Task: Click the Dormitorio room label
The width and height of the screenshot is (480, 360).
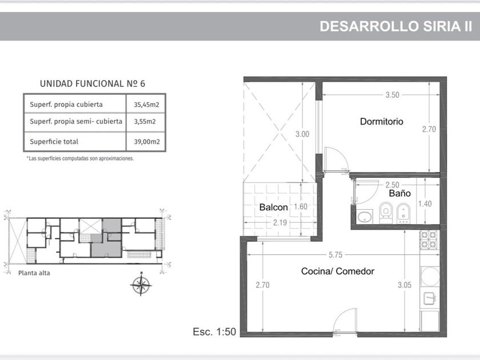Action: (382, 122)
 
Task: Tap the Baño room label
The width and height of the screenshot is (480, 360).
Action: (400, 193)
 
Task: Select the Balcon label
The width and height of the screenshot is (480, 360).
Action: (273, 207)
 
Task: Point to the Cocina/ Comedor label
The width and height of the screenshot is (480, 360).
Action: (338, 271)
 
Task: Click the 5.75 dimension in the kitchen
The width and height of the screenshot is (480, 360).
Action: (335, 255)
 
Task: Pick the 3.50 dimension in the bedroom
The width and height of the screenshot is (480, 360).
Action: (393, 95)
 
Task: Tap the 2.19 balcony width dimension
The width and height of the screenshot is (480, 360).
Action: (280, 222)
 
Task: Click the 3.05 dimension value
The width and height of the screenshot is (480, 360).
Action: (405, 285)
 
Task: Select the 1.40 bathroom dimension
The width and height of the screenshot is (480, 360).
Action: (425, 203)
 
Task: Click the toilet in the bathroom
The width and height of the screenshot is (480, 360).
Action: (386, 212)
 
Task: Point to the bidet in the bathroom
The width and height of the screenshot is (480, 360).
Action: (403, 213)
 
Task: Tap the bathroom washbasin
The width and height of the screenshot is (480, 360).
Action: (365, 217)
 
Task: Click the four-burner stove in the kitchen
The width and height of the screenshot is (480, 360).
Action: (429, 239)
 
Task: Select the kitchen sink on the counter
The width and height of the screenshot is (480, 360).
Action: (430, 299)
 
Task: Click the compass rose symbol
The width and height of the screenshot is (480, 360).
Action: (141, 285)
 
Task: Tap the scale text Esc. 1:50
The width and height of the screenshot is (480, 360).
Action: (214, 332)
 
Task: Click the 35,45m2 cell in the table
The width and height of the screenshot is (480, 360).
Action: (146, 105)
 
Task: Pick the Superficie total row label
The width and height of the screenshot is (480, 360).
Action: (54, 142)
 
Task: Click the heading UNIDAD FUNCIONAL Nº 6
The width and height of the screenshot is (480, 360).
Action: (93, 83)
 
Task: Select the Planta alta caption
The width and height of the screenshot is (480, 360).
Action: (34, 273)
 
